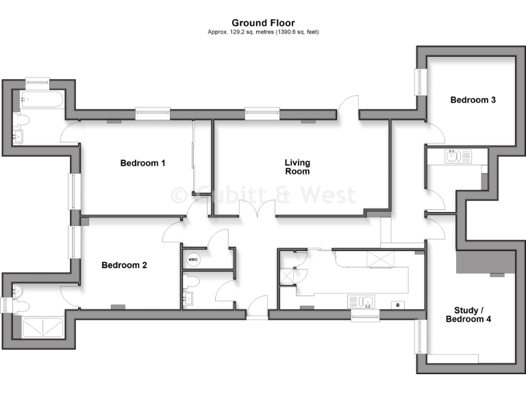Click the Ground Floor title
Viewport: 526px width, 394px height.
[263, 23]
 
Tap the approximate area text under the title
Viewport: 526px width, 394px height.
[263, 32]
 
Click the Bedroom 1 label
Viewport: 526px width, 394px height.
[142, 163]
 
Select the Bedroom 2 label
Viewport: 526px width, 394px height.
[124, 265]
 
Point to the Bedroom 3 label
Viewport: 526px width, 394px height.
[473, 100]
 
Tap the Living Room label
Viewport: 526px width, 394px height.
[297, 167]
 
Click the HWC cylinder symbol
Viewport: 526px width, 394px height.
[193, 260]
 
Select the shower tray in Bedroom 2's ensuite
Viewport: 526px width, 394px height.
[43, 328]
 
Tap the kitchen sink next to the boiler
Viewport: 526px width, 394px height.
[360, 301]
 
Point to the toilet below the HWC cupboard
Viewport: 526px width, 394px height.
[192, 281]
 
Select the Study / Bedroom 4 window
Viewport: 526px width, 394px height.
[418, 337]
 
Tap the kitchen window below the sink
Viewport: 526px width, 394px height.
[364, 315]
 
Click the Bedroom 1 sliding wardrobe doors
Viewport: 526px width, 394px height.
[194, 157]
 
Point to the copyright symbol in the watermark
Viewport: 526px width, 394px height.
[178, 195]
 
